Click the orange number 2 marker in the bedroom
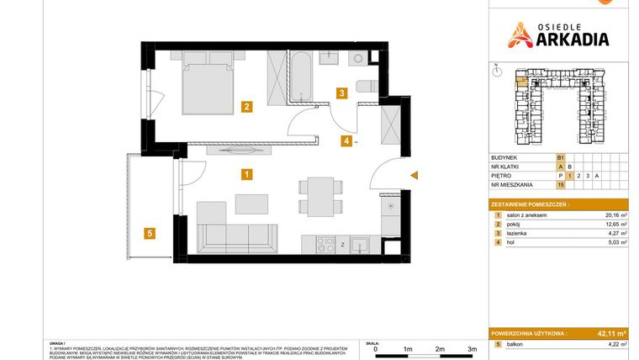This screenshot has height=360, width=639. [246, 107]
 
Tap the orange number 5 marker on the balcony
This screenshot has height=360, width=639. [148, 234]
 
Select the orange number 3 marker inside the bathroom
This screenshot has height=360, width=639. [341, 93]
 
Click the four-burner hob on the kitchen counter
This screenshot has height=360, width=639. [325, 245]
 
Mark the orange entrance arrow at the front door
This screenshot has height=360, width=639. [414, 175]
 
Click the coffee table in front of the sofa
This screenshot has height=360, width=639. [251, 204]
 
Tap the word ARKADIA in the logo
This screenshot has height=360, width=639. [568, 38]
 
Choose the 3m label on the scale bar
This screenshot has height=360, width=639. [472, 347]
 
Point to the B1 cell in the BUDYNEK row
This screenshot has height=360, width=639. [560, 157]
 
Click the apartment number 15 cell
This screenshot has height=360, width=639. [560, 183]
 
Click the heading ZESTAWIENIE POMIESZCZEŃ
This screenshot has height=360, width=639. [530, 204]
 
